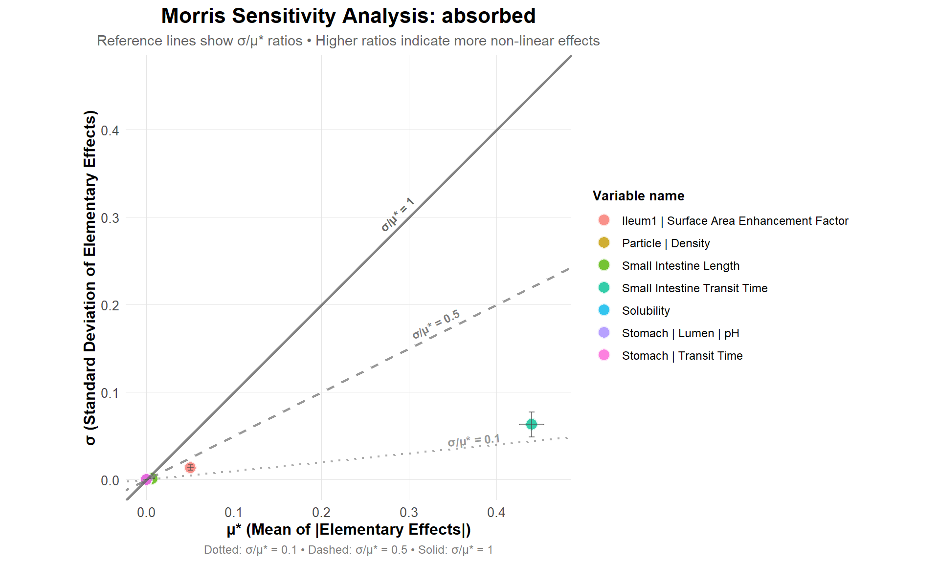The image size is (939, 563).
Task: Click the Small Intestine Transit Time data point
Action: coord(532,424)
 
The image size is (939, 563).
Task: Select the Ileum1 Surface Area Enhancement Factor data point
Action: coord(190,468)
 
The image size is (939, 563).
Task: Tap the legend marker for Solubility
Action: coord(604,310)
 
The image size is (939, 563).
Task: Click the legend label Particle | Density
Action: coord(666,243)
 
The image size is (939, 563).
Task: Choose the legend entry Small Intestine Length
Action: coord(680,266)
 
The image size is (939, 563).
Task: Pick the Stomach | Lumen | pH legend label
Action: coord(680,333)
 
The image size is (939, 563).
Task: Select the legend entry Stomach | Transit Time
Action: coord(682,356)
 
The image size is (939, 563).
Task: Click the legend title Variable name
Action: coord(638,196)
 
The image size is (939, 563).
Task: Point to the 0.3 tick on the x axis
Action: coord(409,513)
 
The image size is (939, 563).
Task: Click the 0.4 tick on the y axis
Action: coord(110,130)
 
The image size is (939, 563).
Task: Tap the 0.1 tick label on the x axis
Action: coord(234,513)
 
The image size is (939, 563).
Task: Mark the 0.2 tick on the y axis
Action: coord(110,305)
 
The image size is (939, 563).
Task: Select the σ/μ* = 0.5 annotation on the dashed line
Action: coord(436,325)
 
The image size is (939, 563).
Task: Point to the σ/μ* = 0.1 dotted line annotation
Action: coord(473,441)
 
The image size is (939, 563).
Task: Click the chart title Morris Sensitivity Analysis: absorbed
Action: coord(348,16)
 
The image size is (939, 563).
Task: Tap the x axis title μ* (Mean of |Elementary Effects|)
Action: coord(348,530)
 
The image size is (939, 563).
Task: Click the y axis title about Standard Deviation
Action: coord(90,278)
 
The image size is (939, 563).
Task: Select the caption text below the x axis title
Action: coord(348,550)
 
